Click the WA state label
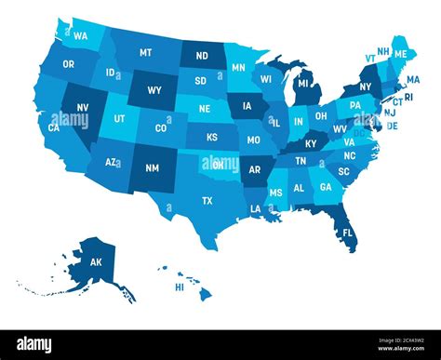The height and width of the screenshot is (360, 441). coord(82,36)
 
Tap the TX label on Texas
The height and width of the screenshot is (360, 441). coord(207,201)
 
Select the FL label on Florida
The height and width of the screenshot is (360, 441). coord(347,232)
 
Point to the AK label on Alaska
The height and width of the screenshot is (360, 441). coord(96,263)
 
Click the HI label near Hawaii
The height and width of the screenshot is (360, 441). coord(180,287)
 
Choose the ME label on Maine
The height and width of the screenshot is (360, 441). coord(401,55)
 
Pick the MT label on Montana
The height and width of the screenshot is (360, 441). coord(146,53)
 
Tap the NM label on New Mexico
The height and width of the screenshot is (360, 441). coord(154,168)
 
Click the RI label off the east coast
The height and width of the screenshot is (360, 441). coord(408,96)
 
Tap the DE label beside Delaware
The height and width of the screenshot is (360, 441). coord(392,126)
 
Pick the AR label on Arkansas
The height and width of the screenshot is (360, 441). coord(254,171)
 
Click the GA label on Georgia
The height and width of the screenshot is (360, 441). coord(325,186)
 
